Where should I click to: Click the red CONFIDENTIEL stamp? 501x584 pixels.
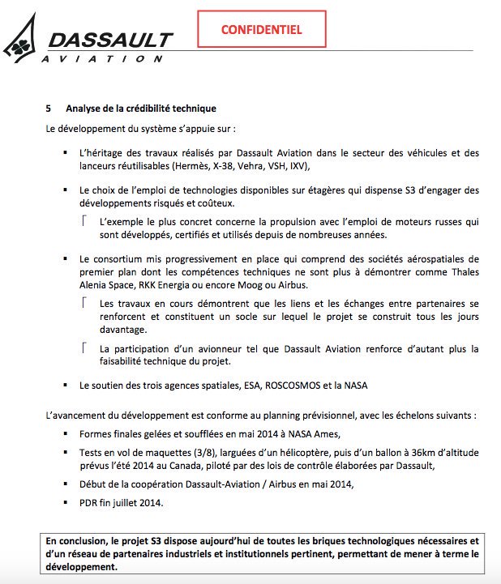pyautogui.click(x=262, y=30)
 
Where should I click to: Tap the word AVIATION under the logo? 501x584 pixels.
pyautogui.click(x=105, y=58)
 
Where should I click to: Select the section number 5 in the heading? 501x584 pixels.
pyautogui.click(x=49, y=108)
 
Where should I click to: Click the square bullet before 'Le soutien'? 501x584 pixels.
pyautogui.click(x=66, y=386)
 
